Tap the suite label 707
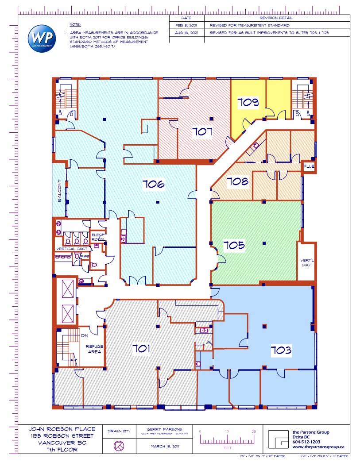coord(202,131)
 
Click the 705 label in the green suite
coord(234,245)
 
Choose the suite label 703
coord(281,350)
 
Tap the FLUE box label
coord(309,167)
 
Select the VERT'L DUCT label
coord(306,262)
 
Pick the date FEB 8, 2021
coord(186,26)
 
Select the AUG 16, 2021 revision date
coord(186,33)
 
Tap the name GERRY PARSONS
coord(162,429)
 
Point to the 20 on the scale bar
coord(254,431)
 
